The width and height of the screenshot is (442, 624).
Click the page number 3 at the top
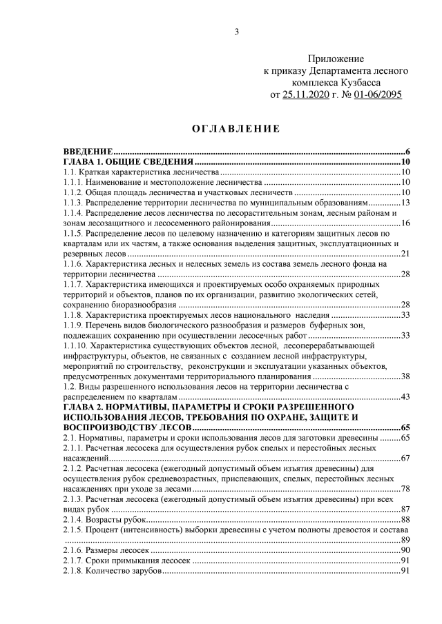(x=237, y=31)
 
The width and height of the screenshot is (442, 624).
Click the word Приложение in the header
(x=336, y=59)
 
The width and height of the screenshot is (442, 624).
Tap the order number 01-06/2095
(x=377, y=94)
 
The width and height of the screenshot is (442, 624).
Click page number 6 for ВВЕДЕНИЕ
(x=409, y=152)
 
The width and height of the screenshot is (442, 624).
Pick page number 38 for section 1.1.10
(x=406, y=376)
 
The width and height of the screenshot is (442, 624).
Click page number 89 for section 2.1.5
(x=406, y=540)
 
